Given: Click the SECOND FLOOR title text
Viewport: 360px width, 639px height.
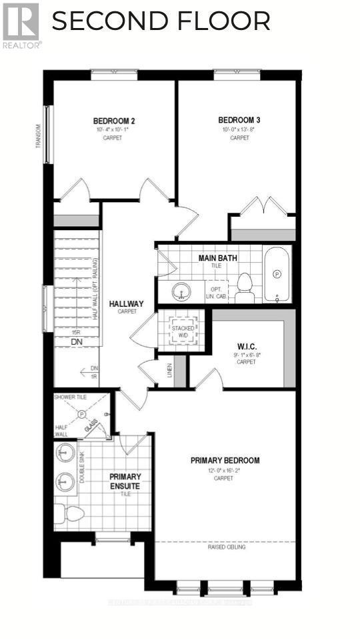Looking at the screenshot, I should point(161,21).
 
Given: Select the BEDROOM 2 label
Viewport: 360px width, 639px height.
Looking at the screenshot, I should point(114,121).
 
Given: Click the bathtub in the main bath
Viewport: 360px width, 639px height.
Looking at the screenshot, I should point(277,273).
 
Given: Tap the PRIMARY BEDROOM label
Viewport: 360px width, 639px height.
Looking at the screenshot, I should point(225,460).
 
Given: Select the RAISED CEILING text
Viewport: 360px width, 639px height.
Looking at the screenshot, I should point(227,547).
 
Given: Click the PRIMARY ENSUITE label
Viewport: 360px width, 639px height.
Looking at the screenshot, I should point(125,481).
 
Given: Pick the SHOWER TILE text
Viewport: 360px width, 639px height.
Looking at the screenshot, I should point(71,397).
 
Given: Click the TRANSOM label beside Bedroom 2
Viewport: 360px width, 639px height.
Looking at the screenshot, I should point(39,142).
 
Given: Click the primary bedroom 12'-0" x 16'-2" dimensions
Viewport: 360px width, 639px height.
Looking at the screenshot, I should point(225,470).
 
